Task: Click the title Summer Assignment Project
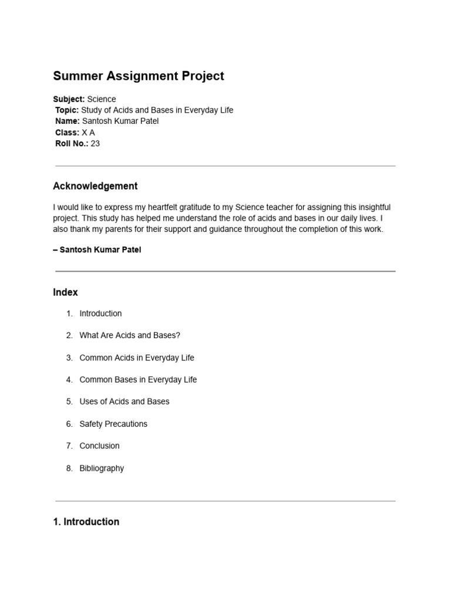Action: point(139,76)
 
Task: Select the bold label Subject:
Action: point(69,99)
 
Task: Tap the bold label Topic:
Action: point(67,110)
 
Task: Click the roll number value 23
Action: point(95,143)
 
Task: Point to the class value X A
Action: point(88,133)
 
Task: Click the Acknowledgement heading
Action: point(95,186)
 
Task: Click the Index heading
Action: point(65,292)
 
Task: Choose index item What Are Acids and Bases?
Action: point(130,335)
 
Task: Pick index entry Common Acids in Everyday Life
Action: point(136,357)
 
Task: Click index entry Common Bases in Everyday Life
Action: point(138,380)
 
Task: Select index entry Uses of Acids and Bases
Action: point(124,401)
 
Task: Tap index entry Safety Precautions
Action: point(113,424)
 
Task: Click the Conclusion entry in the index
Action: point(99,445)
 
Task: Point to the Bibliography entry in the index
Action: point(102,468)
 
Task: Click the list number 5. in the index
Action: point(69,401)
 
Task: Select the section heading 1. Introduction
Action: point(86,522)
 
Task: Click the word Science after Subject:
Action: point(102,99)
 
